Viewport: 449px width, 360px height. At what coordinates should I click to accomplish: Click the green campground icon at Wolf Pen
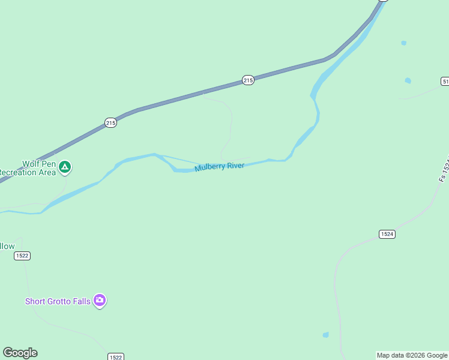[65, 167]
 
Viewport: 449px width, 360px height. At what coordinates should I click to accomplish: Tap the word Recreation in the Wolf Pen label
[29, 173]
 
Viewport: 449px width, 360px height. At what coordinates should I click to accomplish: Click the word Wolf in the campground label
[31, 164]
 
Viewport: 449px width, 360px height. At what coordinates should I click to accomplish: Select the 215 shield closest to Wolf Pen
[110, 122]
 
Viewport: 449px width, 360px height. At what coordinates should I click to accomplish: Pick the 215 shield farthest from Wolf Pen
[249, 80]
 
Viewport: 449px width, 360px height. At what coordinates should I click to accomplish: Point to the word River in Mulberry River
[235, 165]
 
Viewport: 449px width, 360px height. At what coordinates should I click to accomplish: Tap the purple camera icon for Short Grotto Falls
[100, 301]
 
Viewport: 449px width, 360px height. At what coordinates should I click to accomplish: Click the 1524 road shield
[387, 234]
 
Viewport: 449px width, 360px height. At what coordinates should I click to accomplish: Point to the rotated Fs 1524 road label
[444, 171]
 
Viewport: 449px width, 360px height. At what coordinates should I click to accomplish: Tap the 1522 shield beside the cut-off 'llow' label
[22, 256]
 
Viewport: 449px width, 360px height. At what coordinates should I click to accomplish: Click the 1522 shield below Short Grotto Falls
[116, 357]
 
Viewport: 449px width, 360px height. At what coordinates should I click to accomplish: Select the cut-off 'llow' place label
[7, 246]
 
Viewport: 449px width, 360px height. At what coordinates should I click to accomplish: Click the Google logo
[20, 353]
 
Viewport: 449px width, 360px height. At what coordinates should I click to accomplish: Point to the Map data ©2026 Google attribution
[412, 356]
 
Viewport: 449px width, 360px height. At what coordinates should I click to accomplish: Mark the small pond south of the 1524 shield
[326, 335]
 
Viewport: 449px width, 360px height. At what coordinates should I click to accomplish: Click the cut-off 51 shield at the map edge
[445, 81]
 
